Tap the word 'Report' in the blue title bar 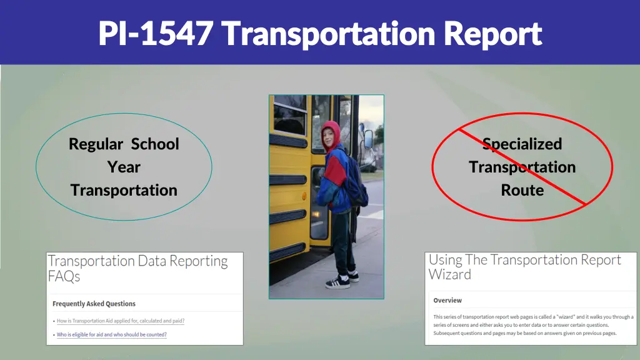click(x=493, y=34)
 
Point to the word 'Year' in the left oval click(x=124, y=167)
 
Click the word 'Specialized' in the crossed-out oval click(x=522, y=144)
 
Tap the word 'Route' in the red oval click(x=522, y=191)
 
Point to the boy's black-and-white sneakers click(x=341, y=281)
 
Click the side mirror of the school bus click(x=368, y=139)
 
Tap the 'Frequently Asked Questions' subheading click(x=94, y=304)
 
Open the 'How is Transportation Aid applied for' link click(x=121, y=321)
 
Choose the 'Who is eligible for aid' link click(x=112, y=335)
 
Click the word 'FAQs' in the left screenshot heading click(x=64, y=276)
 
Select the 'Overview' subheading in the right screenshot click(x=447, y=301)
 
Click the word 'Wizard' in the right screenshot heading click(x=450, y=275)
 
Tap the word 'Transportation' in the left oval click(x=124, y=191)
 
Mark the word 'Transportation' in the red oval click(x=522, y=167)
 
